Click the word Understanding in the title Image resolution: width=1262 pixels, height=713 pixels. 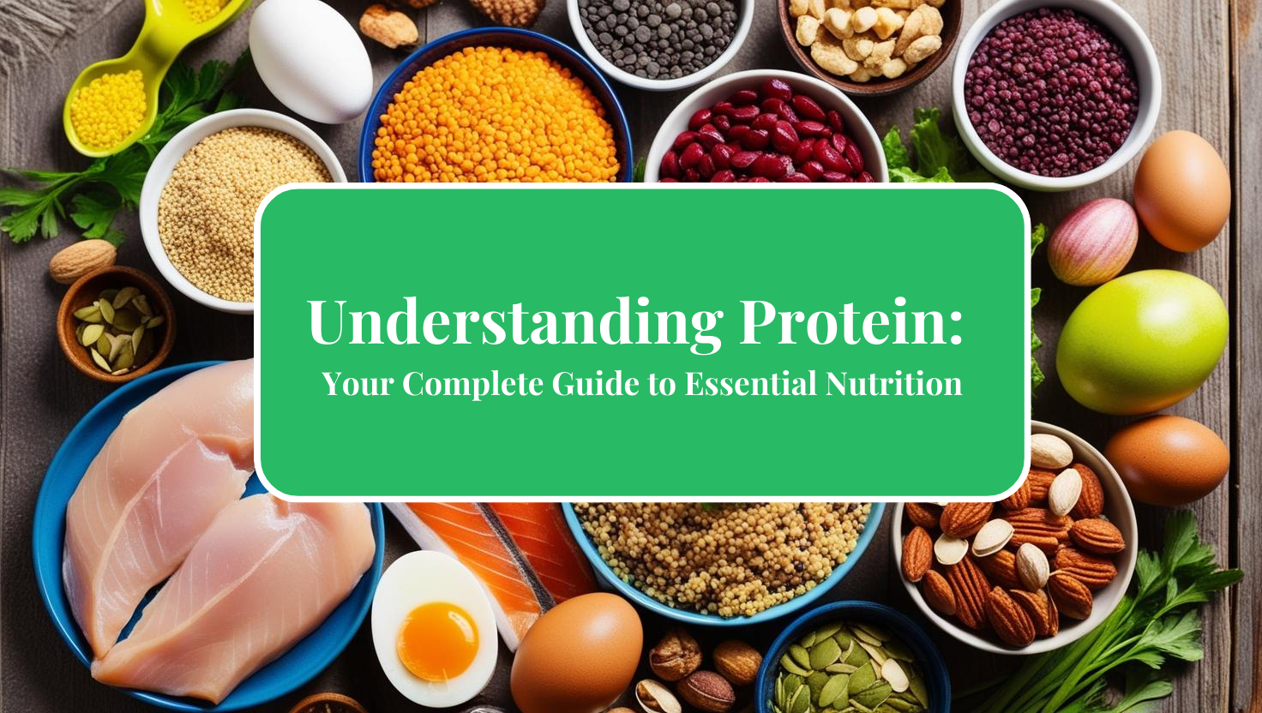(515, 322)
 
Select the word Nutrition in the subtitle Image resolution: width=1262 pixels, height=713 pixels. (894, 384)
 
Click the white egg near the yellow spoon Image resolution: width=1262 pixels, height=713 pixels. (310, 60)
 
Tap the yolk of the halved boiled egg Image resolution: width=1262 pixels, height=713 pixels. (438, 641)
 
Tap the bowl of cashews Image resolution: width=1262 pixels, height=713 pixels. (868, 39)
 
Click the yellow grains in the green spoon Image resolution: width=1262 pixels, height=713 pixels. (109, 108)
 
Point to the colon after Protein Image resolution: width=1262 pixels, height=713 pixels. (956, 327)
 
